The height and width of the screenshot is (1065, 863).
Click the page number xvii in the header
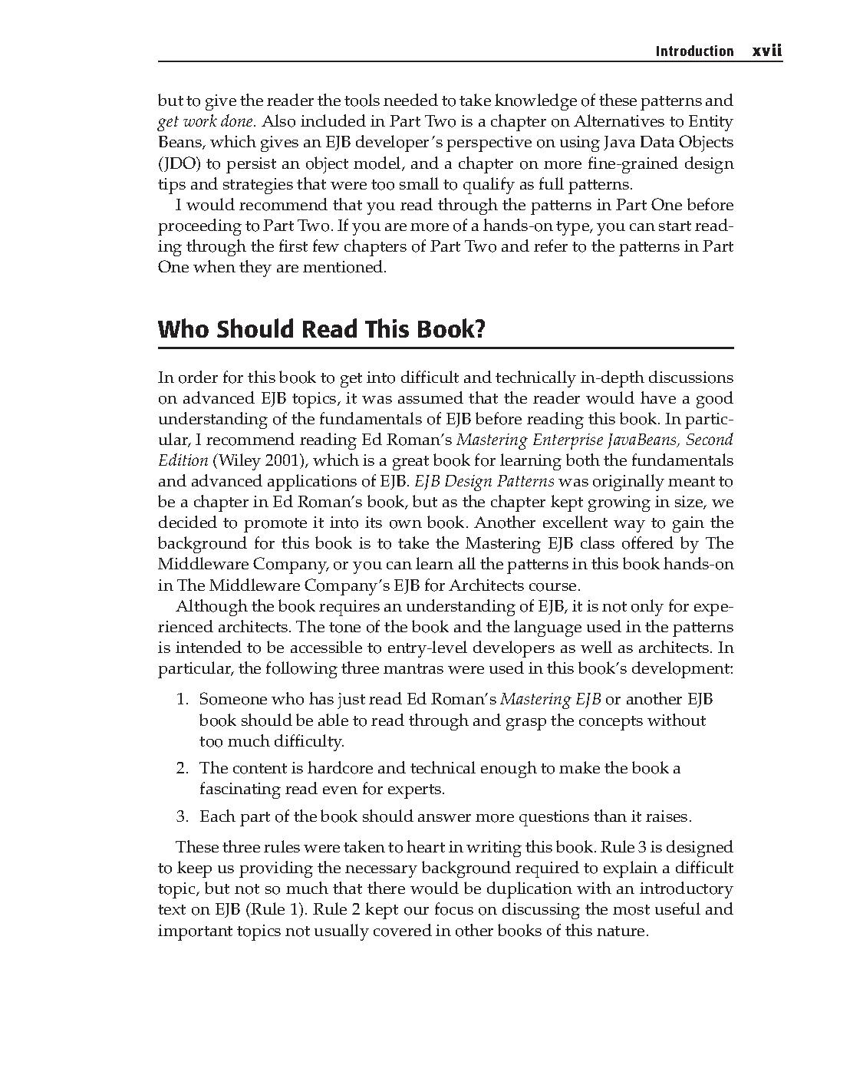[766, 51]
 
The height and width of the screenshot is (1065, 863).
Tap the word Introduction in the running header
[694, 51]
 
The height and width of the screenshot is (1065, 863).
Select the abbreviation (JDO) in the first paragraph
[173, 163]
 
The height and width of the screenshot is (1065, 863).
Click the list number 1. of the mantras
[183, 699]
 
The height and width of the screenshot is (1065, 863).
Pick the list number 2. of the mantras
[183, 768]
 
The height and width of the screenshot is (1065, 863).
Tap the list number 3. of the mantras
[183, 816]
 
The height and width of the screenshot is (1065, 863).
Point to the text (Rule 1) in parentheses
[276, 910]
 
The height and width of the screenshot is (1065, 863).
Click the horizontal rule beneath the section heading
[445, 348]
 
